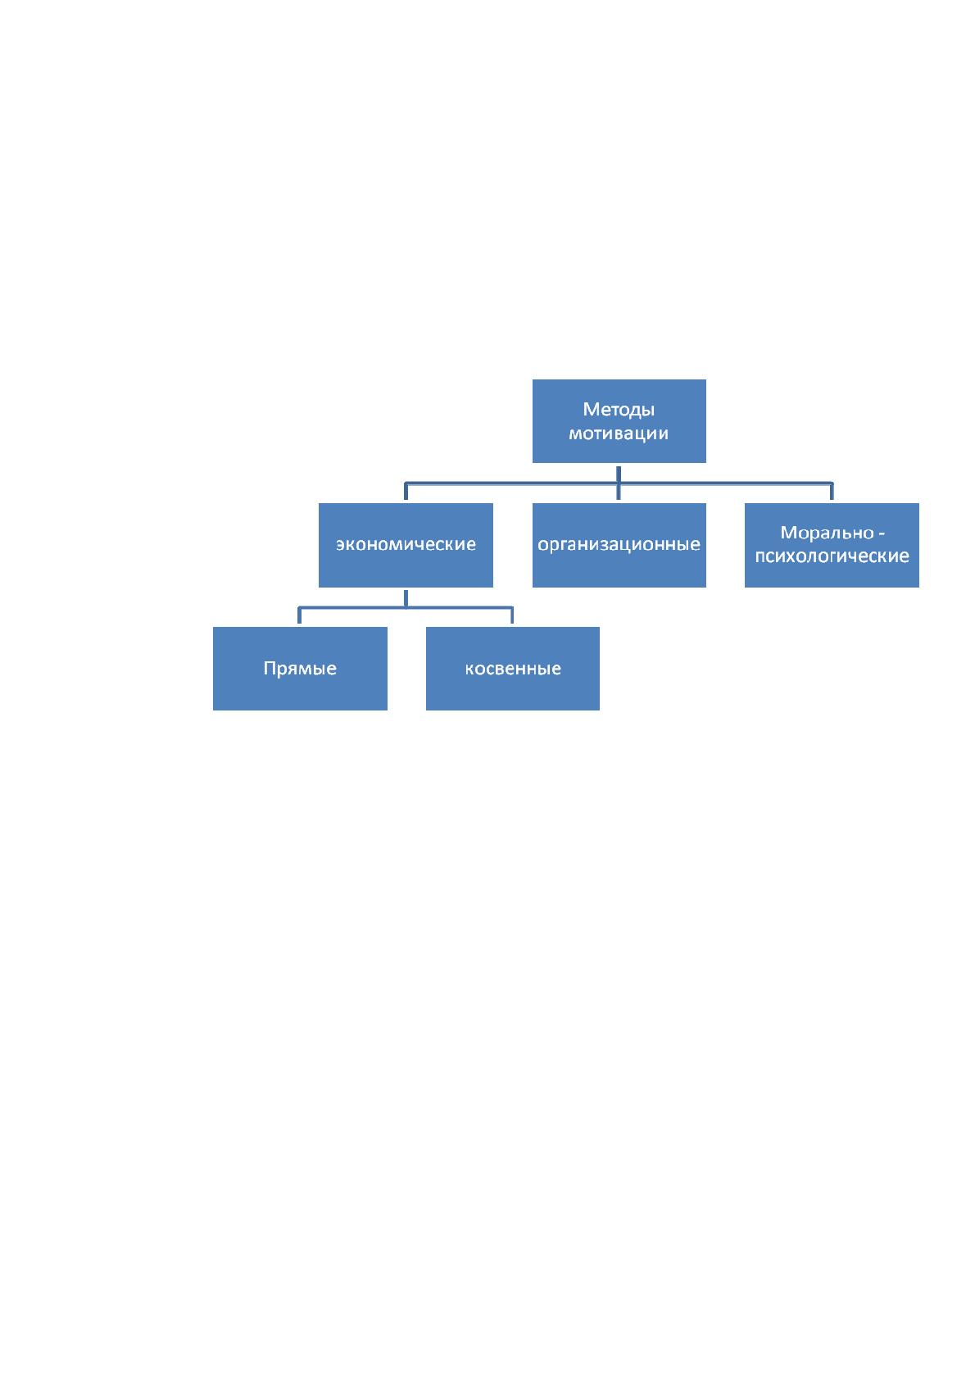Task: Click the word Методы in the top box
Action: pyautogui.click(x=619, y=410)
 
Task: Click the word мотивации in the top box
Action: pyautogui.click(x=619, y=434)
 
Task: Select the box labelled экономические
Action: pyautogui.click(x=406, y=545)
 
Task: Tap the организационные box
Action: pyautogui.click(x=619, y=545)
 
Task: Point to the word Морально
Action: pyautogui.click(x=827, y=533)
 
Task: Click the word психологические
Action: pyautogui.click(x=832, y=556)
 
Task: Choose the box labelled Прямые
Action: pyautogui.click(x=300, y=669)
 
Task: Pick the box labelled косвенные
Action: pyautogui.click(x=512, y=669)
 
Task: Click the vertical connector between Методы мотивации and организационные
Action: pyautogui.click(x=619, y=483)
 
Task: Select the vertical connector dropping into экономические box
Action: pyautogui.click(x=406, y=491)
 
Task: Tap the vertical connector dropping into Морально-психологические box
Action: pyautogui.click(x=832, y=491)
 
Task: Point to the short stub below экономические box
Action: pyautogui.click(x=406, y=599)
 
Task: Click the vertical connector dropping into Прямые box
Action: pyautogui.click(x=299, y=615)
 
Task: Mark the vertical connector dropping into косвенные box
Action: pyautogui.click(x=512, y=615)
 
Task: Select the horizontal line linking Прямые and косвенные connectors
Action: pyautogui.click(x=406, y=608)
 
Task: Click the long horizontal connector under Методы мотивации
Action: pyautogui.click(x=619, y=483)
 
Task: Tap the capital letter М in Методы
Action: pyautogui.click(x=591, y=410)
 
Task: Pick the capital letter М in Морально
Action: pyautogui.click(x=788, y=533)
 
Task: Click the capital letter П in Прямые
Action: pyautogui.click(x=270, y=668)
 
